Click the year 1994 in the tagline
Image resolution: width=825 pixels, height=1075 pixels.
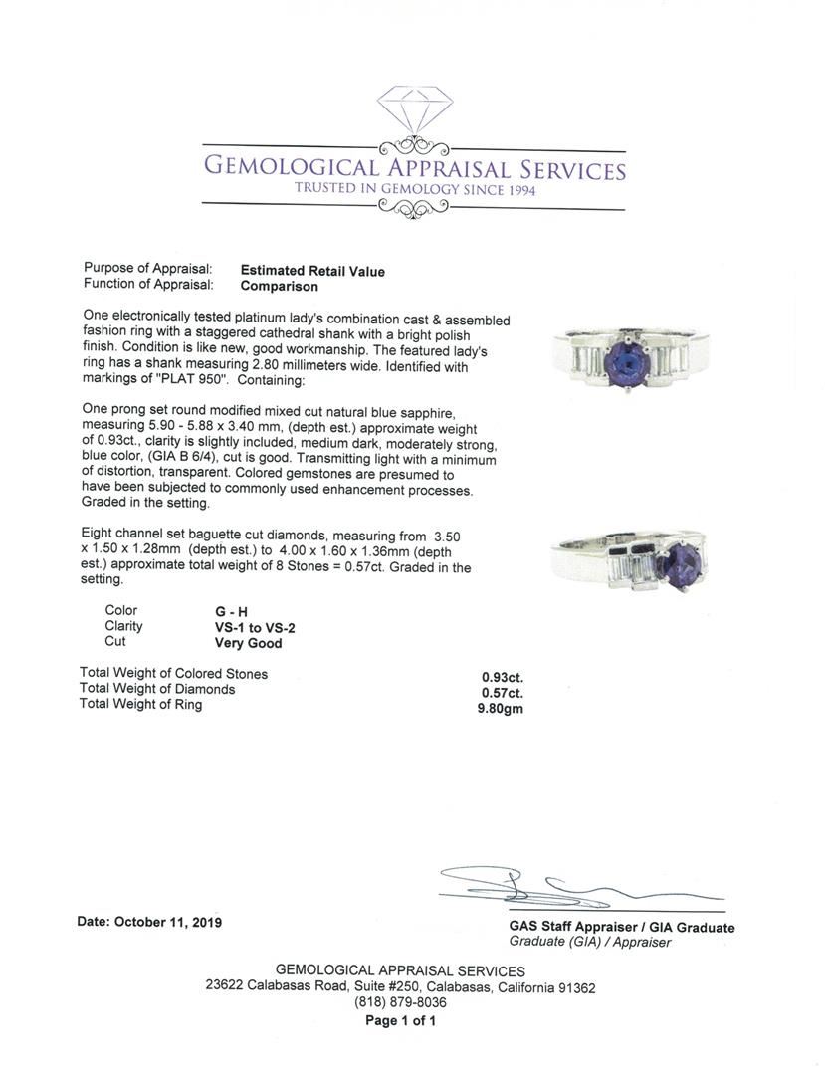pos(516,190)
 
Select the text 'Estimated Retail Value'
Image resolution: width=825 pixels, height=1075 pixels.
pos(312,271)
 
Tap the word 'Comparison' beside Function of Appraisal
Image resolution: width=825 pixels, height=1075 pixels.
pos(280,286)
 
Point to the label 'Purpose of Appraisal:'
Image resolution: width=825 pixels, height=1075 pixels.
pos(148,269)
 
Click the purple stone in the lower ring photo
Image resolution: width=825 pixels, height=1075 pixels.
pos(684,564)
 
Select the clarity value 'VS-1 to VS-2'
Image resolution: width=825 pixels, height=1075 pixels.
pos(248,627)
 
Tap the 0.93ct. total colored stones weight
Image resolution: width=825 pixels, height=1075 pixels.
pos(503,677)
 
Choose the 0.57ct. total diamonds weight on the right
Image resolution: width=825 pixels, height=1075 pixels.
pos(503,692)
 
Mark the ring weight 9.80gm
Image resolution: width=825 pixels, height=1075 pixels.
pos(501,709)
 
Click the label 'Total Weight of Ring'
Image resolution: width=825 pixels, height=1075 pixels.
pos(140,705)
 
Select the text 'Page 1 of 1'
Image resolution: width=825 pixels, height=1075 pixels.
pos(400,1020)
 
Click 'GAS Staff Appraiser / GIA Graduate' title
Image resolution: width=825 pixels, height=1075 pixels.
pos(622,928)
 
